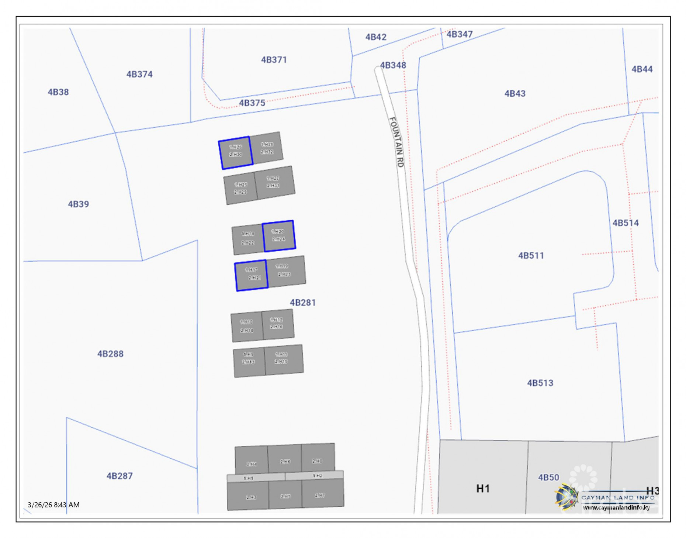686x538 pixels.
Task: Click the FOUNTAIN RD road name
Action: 396,142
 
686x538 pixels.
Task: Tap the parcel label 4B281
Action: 302,303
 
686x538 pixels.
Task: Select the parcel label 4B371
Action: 274,60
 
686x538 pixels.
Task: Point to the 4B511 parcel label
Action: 531,255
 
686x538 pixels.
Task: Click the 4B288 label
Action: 110,354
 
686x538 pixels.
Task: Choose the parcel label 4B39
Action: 78,204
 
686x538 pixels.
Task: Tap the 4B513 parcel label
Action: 540,383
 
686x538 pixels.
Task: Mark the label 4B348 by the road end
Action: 393,65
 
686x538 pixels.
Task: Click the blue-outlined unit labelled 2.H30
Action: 236,153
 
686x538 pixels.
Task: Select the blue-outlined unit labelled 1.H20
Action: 279,235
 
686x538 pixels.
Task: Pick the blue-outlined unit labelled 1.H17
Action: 251,275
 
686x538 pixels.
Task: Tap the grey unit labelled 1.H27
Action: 274,182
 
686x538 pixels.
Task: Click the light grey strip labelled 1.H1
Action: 249,478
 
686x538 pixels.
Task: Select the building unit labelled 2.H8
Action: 318,458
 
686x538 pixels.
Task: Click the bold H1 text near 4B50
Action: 483,489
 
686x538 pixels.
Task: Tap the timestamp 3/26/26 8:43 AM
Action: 53,504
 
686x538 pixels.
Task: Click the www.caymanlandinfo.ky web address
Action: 616,508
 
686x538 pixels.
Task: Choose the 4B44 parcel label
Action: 642,69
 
